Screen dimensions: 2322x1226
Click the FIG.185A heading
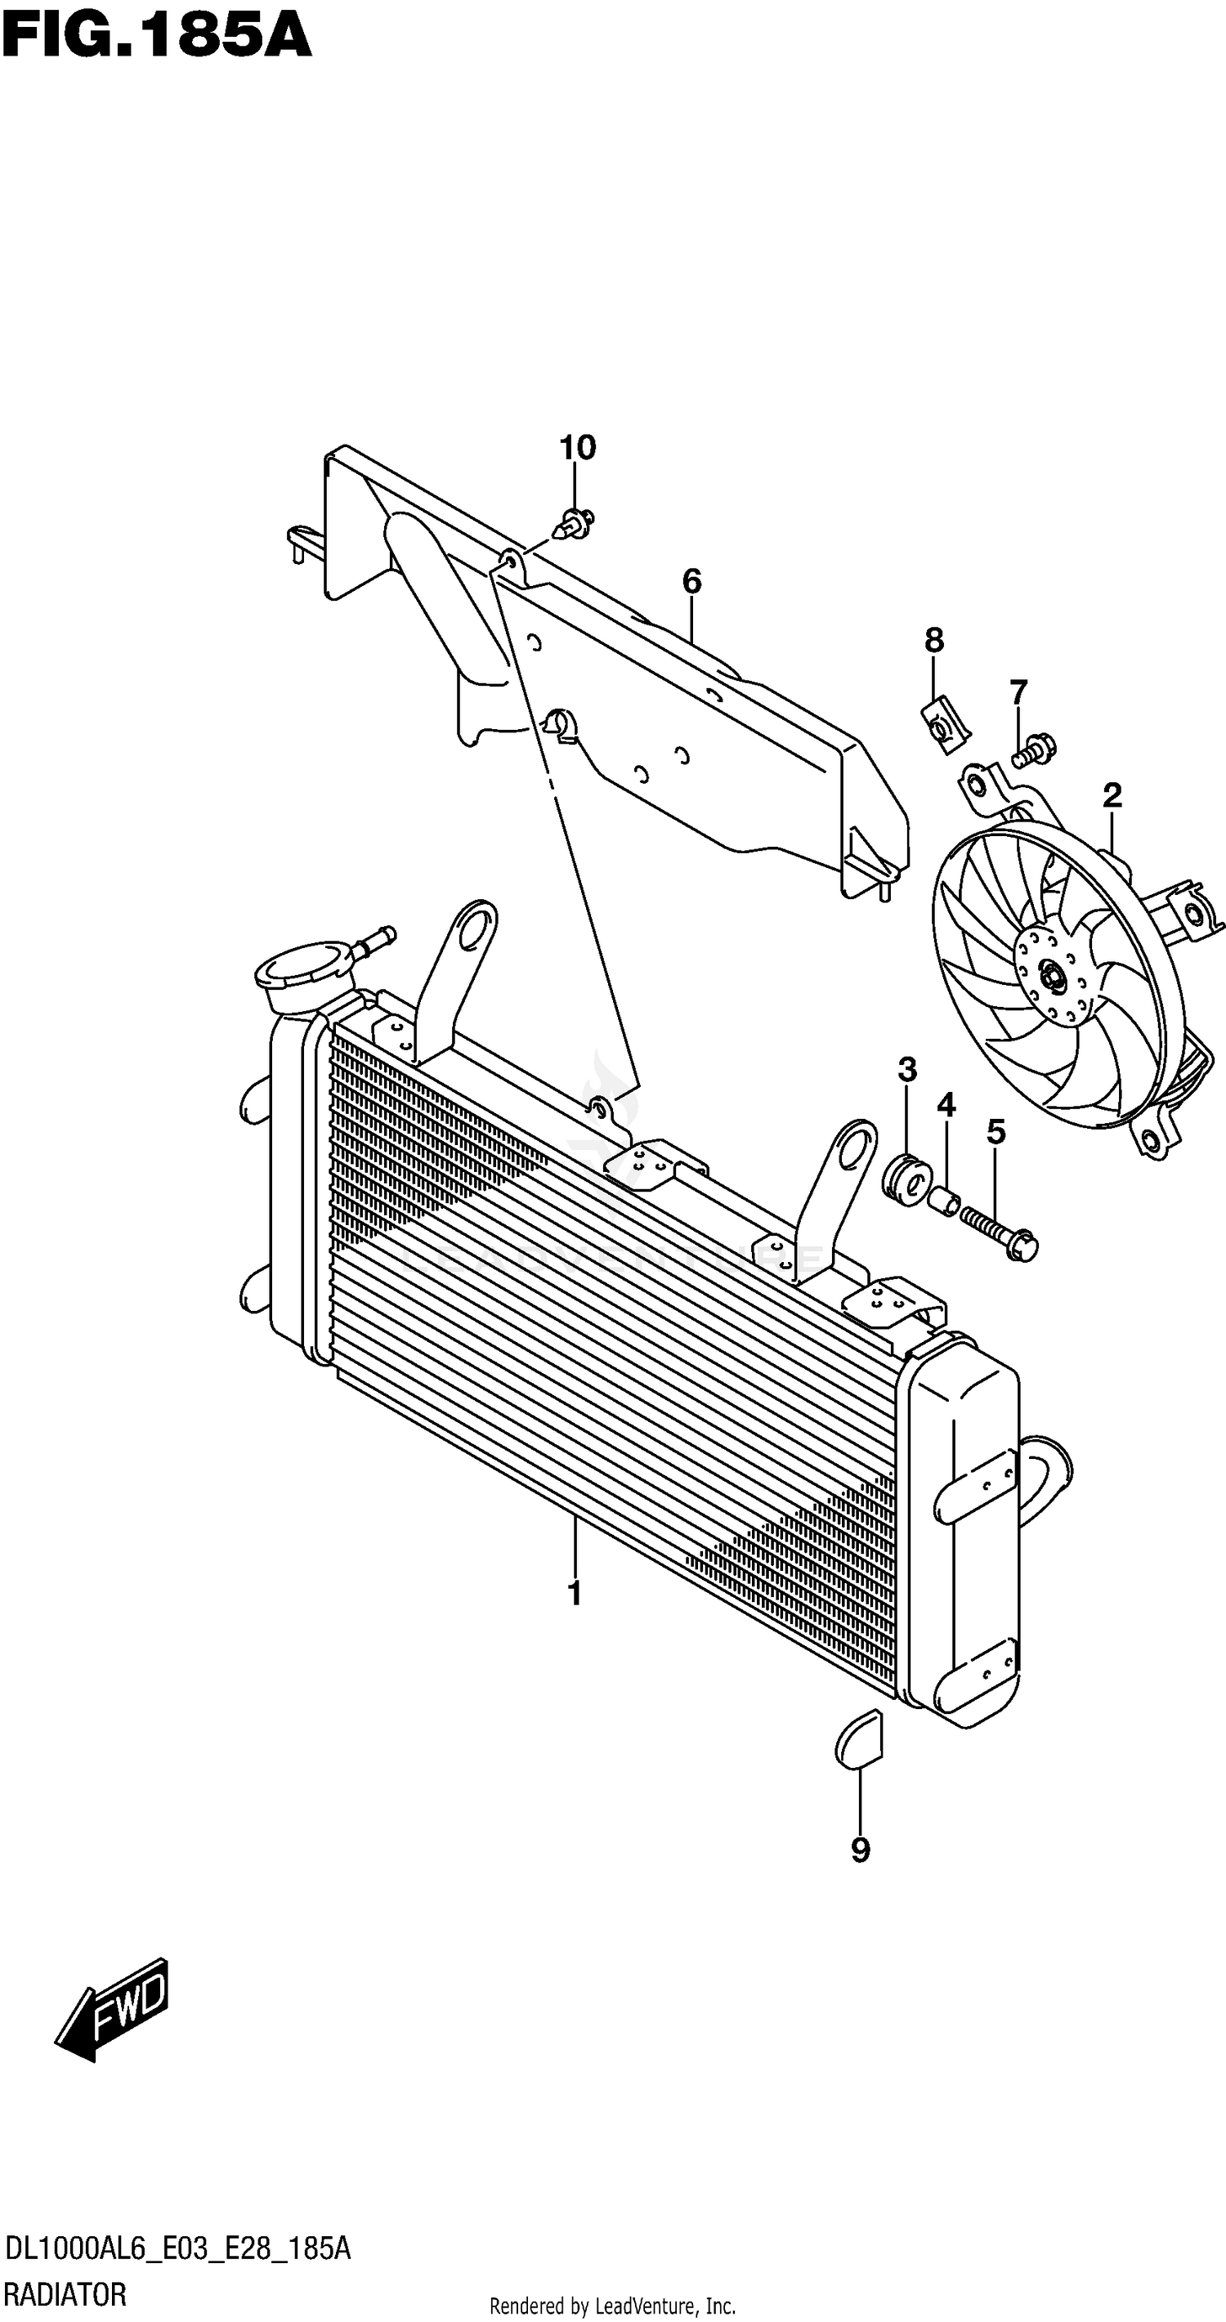coord(156,36)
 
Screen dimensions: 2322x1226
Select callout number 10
coord(578,448)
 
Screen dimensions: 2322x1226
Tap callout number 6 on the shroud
coord(691,582)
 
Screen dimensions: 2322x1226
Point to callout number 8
coord(934,641)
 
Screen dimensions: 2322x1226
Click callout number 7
coord(1018,693)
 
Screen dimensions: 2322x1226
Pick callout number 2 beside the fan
coord(1112,795)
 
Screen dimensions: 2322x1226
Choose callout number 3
coord(907,1070)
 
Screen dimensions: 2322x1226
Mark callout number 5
coord(996,1132)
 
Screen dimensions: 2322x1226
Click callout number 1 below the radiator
coord(575,1593)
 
